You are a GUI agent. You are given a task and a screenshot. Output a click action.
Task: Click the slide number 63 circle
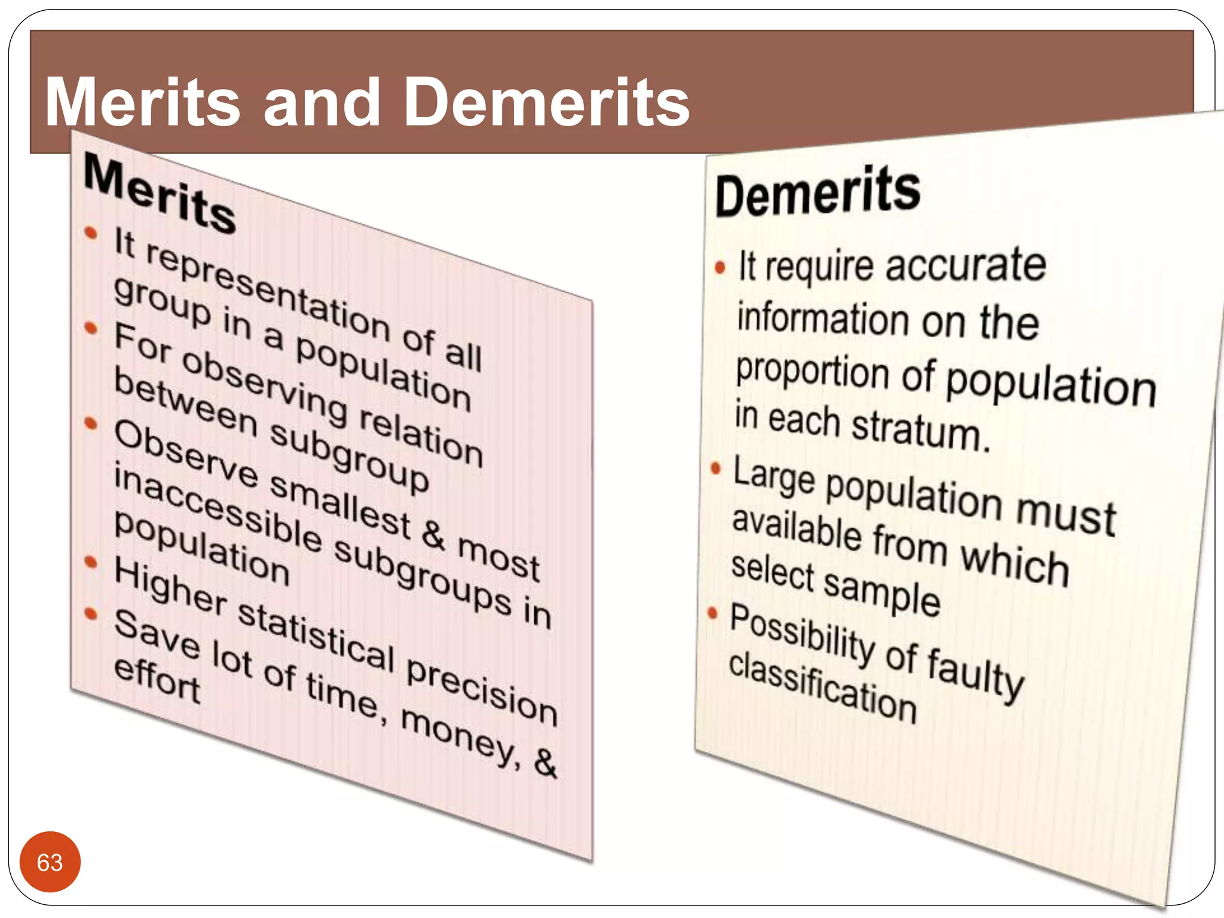coord(50,862)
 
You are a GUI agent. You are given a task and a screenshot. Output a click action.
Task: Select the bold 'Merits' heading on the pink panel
coord(160,192)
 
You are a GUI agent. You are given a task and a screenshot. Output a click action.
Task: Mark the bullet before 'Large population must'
coord(715,468)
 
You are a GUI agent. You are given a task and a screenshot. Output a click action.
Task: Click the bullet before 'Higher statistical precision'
coord(91,562)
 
